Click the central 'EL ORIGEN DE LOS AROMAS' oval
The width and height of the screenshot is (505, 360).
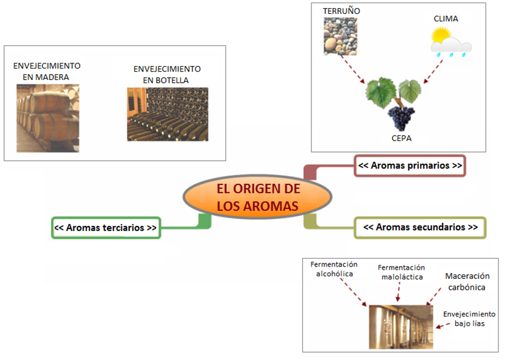tap(258, 198)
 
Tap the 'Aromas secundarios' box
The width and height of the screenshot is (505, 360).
tap(420, 227)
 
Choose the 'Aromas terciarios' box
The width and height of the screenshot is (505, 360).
tap(106, 228)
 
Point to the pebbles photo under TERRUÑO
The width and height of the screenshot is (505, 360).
tap(341, 36)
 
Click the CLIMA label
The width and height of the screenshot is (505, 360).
tap(446, 19)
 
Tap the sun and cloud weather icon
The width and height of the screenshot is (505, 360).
tap(451, 41)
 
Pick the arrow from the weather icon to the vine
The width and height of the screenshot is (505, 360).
tap(434, 71)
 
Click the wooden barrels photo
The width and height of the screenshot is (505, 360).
tap(48, 118)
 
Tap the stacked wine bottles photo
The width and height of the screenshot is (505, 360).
tap(167, 114)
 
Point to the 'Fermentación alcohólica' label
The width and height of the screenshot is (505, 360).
tap(334, 269)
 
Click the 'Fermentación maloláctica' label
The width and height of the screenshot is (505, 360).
tap(401, 272)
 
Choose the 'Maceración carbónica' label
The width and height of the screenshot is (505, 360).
tap(466, 282)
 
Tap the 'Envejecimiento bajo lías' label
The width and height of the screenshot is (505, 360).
tap(469, 319)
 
